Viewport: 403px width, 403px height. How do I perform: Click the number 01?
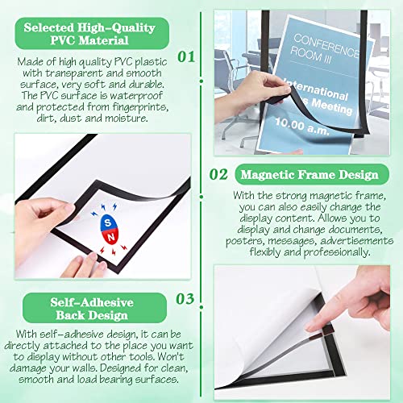pos(186,57)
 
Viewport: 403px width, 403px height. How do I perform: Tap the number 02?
pos(218,175)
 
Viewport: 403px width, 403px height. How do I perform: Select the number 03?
pos(185,299)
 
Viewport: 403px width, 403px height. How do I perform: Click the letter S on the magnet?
pos(108,222)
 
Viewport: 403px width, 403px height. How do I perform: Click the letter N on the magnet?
pos(111,237)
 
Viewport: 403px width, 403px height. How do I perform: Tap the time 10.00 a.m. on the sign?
pos(302,127)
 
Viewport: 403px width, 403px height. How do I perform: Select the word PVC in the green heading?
pos(63,40)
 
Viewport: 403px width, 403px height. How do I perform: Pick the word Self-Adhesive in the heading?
pos(92,302)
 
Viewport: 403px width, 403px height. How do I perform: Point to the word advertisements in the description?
pos(357,241)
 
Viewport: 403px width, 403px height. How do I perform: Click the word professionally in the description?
pos(337,252)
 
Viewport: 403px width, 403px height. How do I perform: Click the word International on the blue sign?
pos(317,89)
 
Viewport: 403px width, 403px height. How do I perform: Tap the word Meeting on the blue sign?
pos(332,106)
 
